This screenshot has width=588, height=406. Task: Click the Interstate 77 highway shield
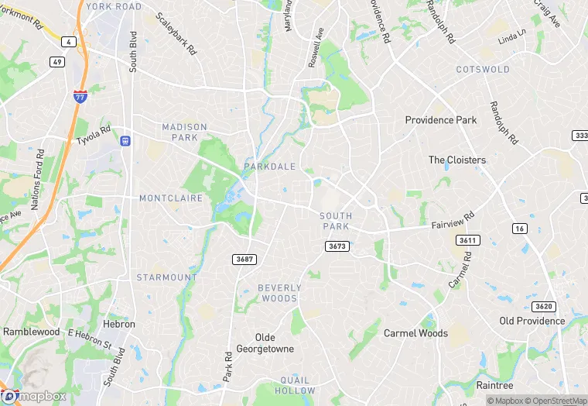click(x=80, y=97)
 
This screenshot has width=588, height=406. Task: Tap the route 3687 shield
click(x=244, y=259)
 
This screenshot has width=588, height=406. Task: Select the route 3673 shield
click(x=337, y=246)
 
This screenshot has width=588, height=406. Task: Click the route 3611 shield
click(x=467, y=240)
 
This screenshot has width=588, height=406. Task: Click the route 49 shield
click(x=57, y=61)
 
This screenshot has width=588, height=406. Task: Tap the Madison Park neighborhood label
click(x=185, y=132)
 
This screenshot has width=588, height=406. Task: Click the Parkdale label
click(x=269, y=167)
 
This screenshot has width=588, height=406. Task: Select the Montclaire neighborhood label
click(x=170, y=198)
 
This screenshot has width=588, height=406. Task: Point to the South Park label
click(x=336, y=221)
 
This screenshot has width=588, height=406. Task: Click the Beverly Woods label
click(x=279, y=293)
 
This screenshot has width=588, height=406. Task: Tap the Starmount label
click(x=166, y=277)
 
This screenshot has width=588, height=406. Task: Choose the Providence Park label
click(x=442, y=120)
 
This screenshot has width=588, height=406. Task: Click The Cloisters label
click(x=457, y=160)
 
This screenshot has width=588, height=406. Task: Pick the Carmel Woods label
click(x=415, y=333)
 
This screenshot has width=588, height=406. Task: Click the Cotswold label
click(x=484, y=70)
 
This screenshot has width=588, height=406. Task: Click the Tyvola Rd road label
click(x=94, y=136)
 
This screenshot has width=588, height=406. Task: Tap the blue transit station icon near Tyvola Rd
click(x=125, y=141)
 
